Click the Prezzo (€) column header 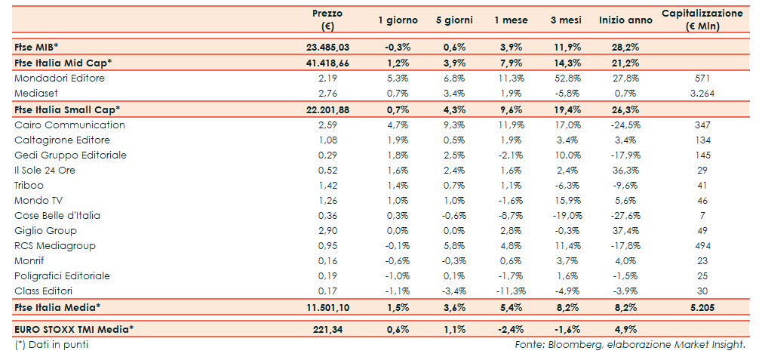(327, 20)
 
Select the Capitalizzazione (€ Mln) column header (702, 20)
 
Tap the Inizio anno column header (620, 20)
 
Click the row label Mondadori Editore (60, 78)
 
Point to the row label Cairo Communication (69, 125)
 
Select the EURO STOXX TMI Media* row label (74, 328)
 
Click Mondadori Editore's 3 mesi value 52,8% (567, 78)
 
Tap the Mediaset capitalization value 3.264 (702, 93)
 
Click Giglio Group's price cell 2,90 (327, 230)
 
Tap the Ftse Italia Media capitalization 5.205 (702, 307)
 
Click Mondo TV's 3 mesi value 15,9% (567, 200)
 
